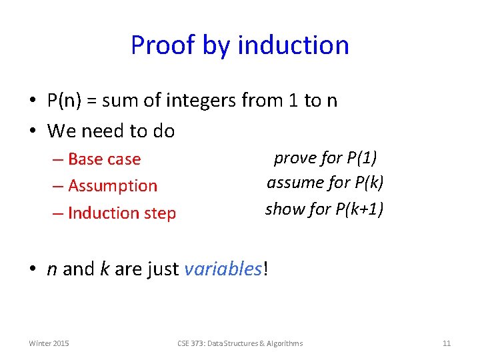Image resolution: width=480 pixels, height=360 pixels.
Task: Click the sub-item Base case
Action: (104, 159)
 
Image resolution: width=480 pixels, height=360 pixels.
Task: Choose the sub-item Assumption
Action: (112, 186)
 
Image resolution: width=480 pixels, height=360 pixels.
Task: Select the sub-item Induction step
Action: (121, 213)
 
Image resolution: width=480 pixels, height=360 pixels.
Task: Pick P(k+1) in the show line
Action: (360, 209)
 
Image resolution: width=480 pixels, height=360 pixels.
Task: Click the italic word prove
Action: (294, 158)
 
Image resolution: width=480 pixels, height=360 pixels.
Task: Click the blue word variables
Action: (223, 269)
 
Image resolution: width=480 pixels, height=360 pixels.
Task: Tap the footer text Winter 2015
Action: (49, 343)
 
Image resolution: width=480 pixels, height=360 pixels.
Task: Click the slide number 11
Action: (447, 343)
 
